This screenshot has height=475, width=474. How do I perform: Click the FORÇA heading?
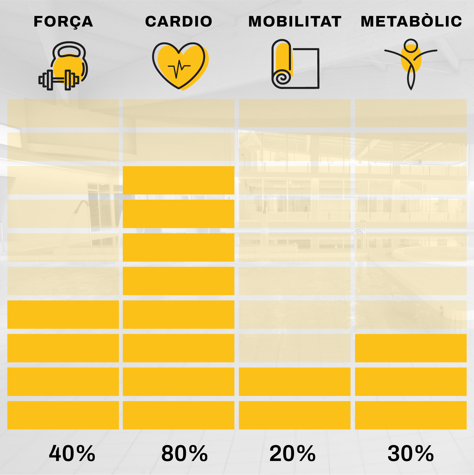tap(63, 22)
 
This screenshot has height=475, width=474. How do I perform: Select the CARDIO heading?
tap(179, 22)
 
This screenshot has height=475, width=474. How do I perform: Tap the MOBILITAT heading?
tap(295, 22)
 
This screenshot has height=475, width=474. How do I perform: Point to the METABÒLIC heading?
tap(411, 22)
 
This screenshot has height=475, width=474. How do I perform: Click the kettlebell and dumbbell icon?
tap(63, 66)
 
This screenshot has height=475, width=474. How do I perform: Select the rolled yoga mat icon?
tap(295, 64)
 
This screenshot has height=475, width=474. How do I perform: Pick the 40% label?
tap(72, 454)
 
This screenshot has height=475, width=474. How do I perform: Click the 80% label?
tap(184, 454)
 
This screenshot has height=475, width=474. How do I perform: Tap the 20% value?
tap(292, 454)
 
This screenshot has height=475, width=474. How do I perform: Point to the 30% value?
tap(411, 454)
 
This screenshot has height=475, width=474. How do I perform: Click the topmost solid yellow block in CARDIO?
tap(178, 180)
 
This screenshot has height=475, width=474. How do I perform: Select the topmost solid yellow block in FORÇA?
tap(63, 314)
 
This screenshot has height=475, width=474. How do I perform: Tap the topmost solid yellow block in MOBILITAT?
tap(294, 382)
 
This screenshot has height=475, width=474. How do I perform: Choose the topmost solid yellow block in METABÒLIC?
tap(411, 348)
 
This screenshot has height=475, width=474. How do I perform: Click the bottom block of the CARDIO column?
tap(178, 415)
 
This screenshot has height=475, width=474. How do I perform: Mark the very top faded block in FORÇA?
tap(63, 113)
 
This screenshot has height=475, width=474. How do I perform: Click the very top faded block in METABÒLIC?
tap(411, 113)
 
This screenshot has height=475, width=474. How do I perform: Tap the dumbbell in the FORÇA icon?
tap(59, 80)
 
